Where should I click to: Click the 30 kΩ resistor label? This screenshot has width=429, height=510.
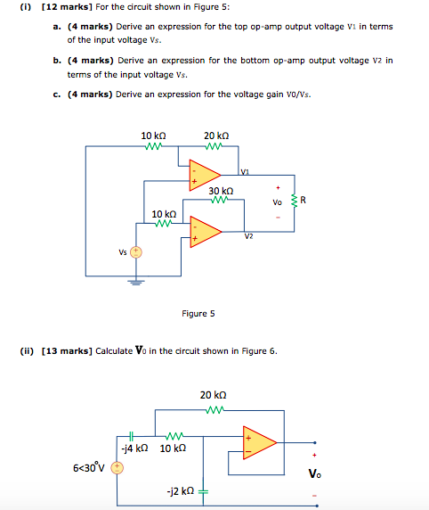(x=221, y=191)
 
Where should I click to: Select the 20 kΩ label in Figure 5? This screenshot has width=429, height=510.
(x=216, y=136)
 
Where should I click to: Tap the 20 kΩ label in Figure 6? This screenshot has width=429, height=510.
(x=214, y=394)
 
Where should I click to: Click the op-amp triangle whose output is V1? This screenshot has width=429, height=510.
(x=205, y=175)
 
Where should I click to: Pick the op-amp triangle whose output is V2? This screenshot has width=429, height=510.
(x=205, y=230)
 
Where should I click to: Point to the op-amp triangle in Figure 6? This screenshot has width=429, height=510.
(x=259, y=442)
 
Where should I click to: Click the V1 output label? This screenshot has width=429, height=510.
(x=245, y=171)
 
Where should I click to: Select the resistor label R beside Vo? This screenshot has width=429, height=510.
(x=304, y=200)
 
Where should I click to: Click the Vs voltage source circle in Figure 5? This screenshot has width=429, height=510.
(x=136, y=252)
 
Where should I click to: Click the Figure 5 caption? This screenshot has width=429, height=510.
(x=198, y=313)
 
